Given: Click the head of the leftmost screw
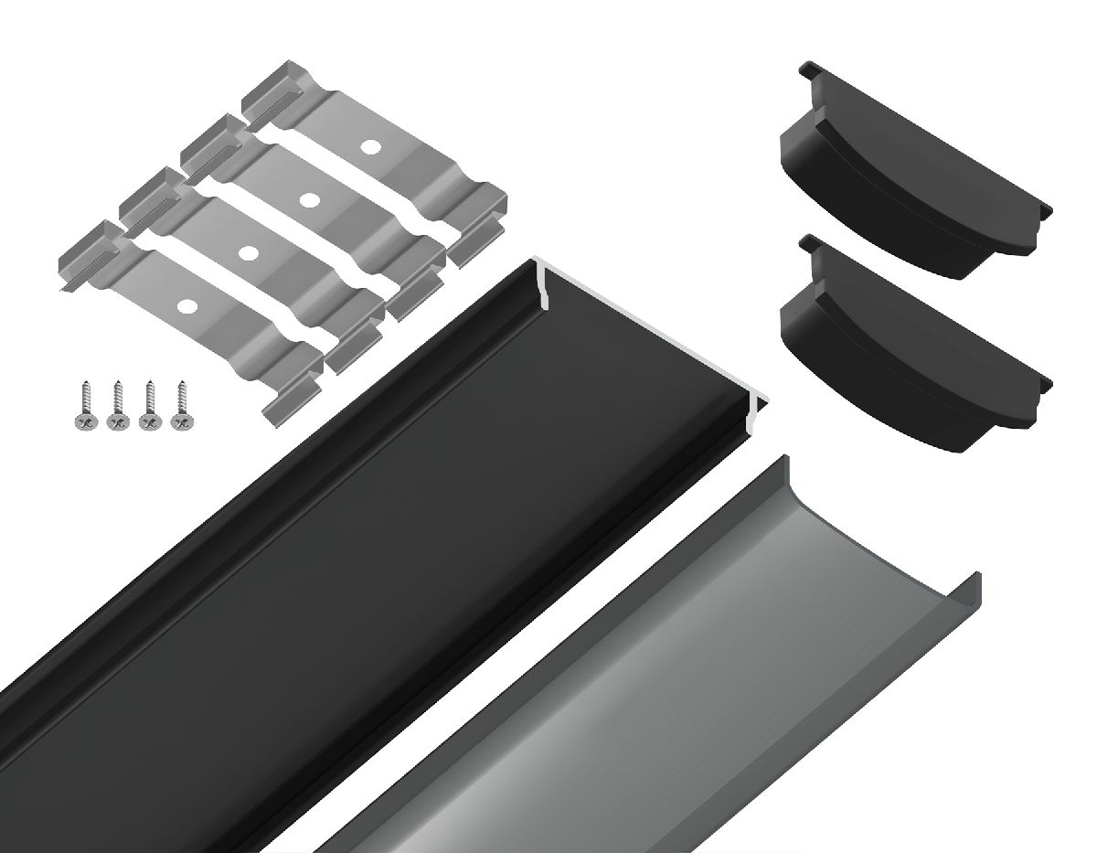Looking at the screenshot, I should (84, 421).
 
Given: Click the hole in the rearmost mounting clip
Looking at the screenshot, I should (369, 145).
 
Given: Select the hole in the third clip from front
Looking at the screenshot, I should (309, 198).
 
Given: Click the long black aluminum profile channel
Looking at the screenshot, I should (347, 549).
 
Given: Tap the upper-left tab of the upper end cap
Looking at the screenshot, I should (810, 72).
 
